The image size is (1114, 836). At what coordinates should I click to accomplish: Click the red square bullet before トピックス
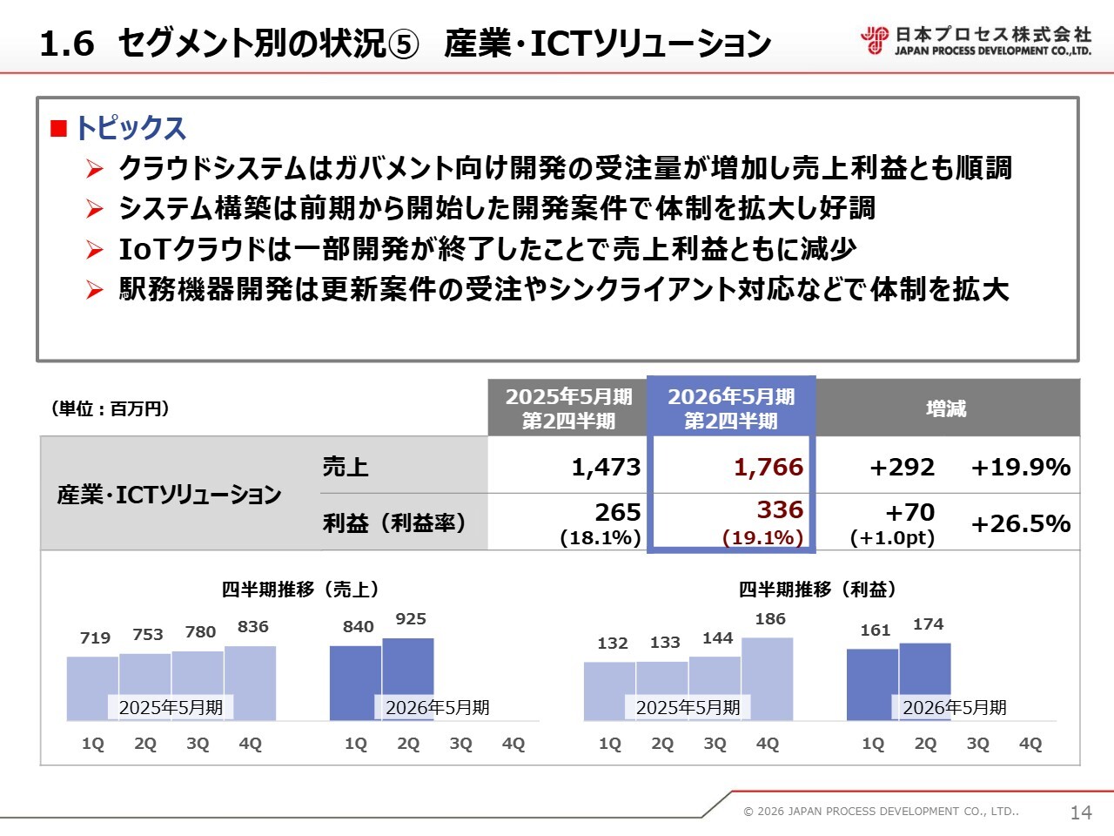click(x=59, y=129)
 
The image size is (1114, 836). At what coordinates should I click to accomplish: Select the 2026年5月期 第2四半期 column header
click(x=731, y=408)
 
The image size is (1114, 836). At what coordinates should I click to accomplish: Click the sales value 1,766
click(x=768, y=467)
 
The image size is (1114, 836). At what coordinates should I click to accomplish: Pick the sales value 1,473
click(x=606, y=467)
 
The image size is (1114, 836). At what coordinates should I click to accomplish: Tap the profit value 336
click(x=779, y=509)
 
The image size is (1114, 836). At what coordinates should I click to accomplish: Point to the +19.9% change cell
click(x=1020, y=467)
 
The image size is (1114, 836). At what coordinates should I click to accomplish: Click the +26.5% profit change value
click(x=1020, y=523)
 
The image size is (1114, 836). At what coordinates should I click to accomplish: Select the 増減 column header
click(x=946, y=408)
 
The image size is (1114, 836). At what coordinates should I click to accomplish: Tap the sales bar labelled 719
click(x=92, y=684)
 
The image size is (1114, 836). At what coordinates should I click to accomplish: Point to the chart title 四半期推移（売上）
click(x=300, y=590)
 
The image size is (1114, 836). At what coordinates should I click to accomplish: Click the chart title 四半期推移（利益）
click(x=817, y=590)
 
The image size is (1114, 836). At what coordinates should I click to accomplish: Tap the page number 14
click(x=1081, y=812)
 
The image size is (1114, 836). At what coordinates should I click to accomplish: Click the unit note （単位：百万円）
click(x=111, y=408)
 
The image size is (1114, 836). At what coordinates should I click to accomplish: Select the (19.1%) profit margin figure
click(x=762, y=537)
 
